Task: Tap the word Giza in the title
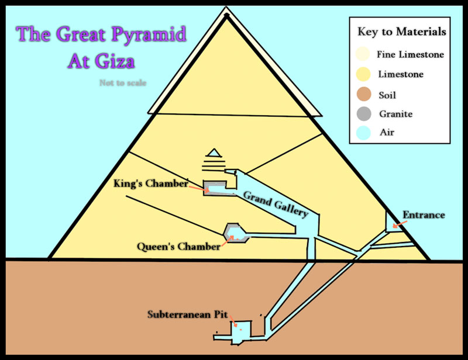point(115,61)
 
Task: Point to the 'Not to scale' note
point(123,82)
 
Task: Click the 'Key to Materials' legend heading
point(402,32)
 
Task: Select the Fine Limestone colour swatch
point(363,54)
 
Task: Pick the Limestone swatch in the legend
point(363,74)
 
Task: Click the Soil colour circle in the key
point(364,94)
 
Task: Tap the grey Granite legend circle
point(364,113)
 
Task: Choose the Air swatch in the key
point(363,133)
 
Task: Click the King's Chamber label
point(151,184)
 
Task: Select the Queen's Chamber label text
point(178,247)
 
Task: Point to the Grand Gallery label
point(276,204)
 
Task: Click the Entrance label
point(424,214)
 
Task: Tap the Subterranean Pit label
point(187,314)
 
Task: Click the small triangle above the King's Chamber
point(214,153)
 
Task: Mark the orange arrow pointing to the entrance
point(400,224)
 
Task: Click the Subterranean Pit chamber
point(241,332)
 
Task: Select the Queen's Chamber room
point(236,232)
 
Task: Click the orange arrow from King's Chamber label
point(199,189)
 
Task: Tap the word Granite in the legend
point(396,114)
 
